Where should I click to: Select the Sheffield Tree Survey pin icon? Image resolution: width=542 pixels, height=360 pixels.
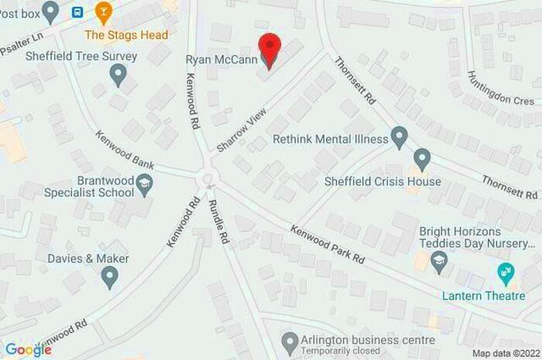(118, 74)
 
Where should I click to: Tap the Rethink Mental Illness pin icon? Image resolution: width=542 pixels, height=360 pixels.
(399, 139)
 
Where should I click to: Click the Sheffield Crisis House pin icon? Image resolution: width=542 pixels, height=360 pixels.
(422, 160)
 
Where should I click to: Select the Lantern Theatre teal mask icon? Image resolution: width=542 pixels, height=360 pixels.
(506, 271)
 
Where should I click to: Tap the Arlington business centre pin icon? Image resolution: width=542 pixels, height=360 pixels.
(290, 341)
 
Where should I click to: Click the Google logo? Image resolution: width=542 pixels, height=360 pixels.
(28, 349)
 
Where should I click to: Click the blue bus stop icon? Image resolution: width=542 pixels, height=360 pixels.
(77, 11)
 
